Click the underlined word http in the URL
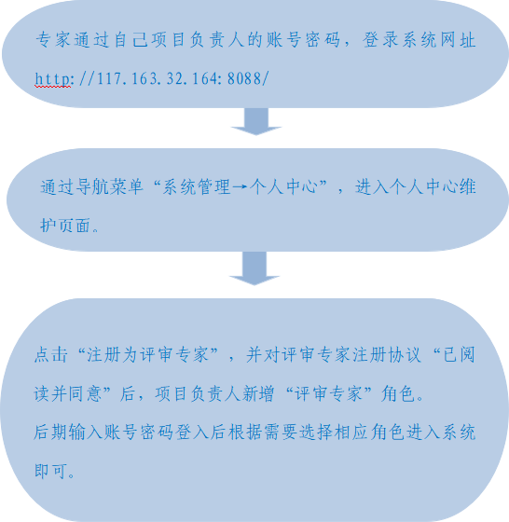[52, 79]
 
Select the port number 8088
[244, 79]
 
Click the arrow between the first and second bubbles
[256, 121]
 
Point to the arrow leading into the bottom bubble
[254, 268]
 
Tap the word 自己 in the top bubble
[131, 40]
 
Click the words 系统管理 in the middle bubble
[197, 186]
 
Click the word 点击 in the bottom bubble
[51, 354]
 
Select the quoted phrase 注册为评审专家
[147, 354]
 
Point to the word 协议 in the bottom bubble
[406, 354]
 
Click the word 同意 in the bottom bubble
[85, 393]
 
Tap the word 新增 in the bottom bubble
[257, 393]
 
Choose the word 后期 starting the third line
[50, 433]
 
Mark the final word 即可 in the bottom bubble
[50, 471]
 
